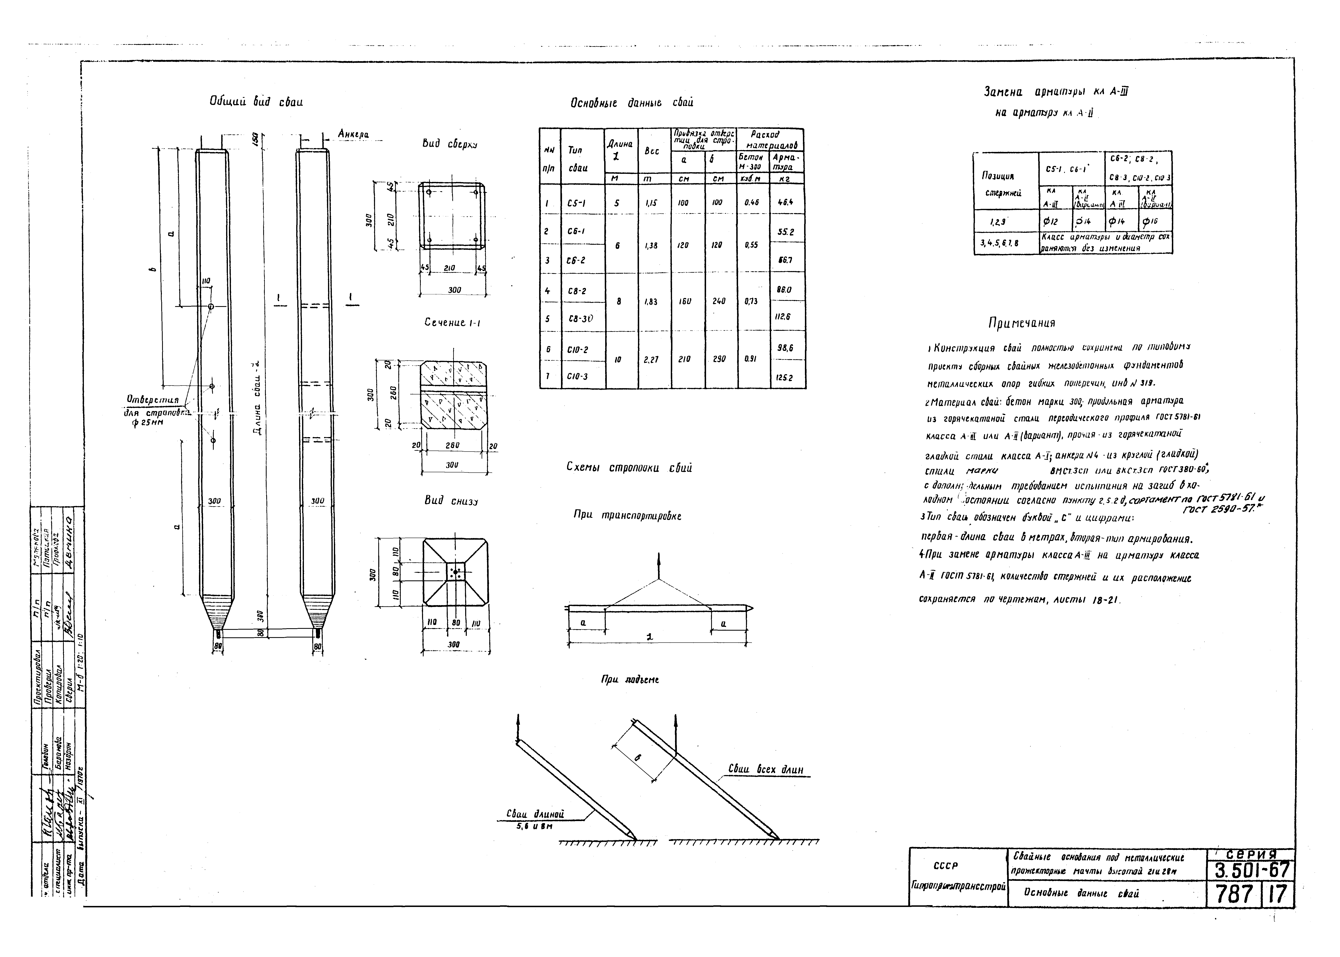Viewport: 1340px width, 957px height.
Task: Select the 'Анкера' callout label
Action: coord(353,135)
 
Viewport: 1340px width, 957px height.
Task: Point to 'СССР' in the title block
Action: coord(946,866)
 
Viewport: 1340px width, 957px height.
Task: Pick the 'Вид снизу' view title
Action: coord(451,501)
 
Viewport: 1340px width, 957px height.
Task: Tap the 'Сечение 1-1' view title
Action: coord(452,324)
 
